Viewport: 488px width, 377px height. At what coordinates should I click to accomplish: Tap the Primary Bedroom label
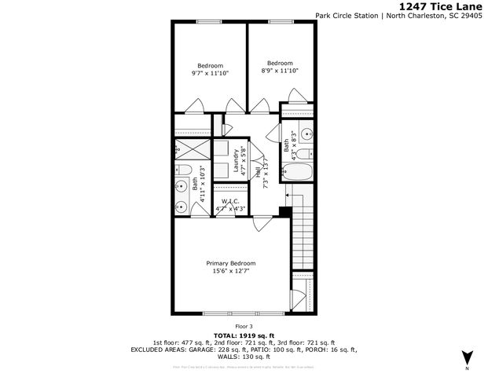click(231, 263)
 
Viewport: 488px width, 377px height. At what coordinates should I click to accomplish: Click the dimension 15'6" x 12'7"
click(231, 272)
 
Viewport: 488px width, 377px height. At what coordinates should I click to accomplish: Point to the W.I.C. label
click(230, 201)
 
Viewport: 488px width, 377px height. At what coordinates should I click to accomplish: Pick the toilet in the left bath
click(183, 171)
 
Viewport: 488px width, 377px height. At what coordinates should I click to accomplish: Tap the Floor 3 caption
click(244, 325)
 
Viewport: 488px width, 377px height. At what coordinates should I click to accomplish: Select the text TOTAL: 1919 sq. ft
click(244, 335)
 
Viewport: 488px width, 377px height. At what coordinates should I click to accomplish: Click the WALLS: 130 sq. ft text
click(244, 357)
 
